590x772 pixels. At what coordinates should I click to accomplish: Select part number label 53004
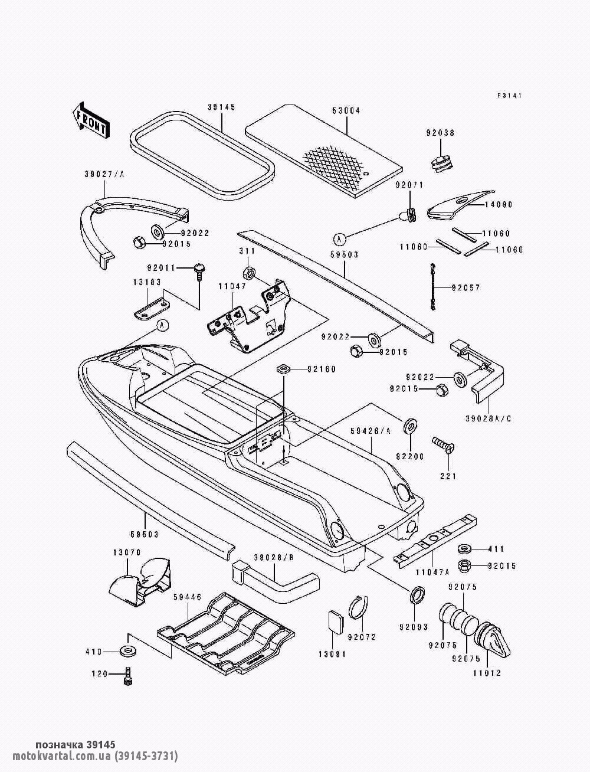346,111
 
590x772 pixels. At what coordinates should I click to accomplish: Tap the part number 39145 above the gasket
221,107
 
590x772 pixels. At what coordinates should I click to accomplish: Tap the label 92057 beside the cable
466,288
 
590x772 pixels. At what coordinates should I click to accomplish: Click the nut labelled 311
248,273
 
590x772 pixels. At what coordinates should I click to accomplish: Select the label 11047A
433,571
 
